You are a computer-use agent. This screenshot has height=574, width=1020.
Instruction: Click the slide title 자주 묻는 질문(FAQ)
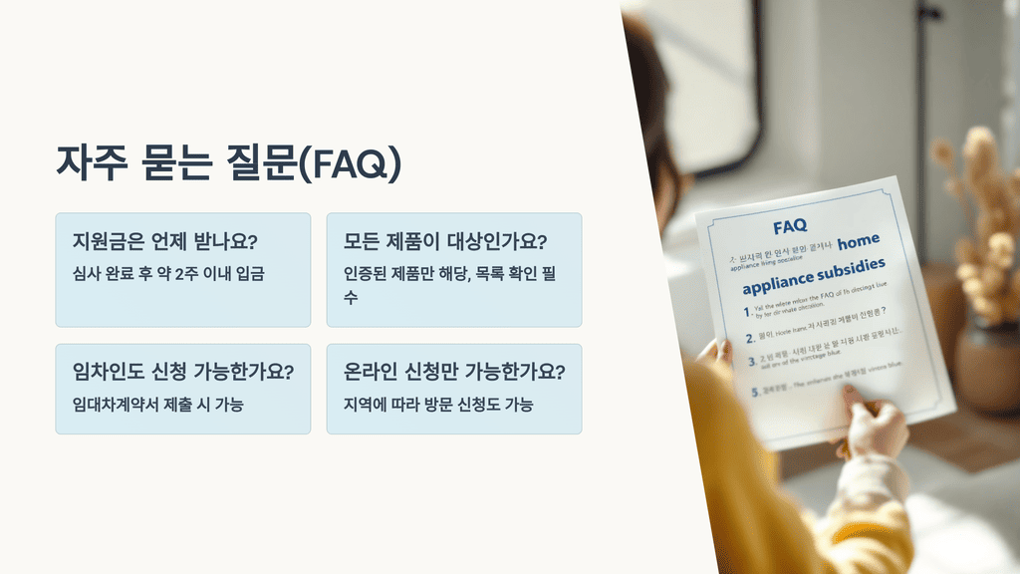point(228,163)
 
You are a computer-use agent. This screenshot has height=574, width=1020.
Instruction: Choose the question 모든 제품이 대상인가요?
point(446,242)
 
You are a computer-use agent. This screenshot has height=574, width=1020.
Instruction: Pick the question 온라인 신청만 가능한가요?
point(454,373)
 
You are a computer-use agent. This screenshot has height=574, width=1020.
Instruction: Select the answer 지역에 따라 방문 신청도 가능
point(437,404)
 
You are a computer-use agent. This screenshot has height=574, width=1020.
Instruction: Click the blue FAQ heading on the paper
point(789,227)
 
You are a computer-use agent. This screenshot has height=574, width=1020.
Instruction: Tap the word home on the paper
point(859,242)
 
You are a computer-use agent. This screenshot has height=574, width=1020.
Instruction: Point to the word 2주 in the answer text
point(186,273)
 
